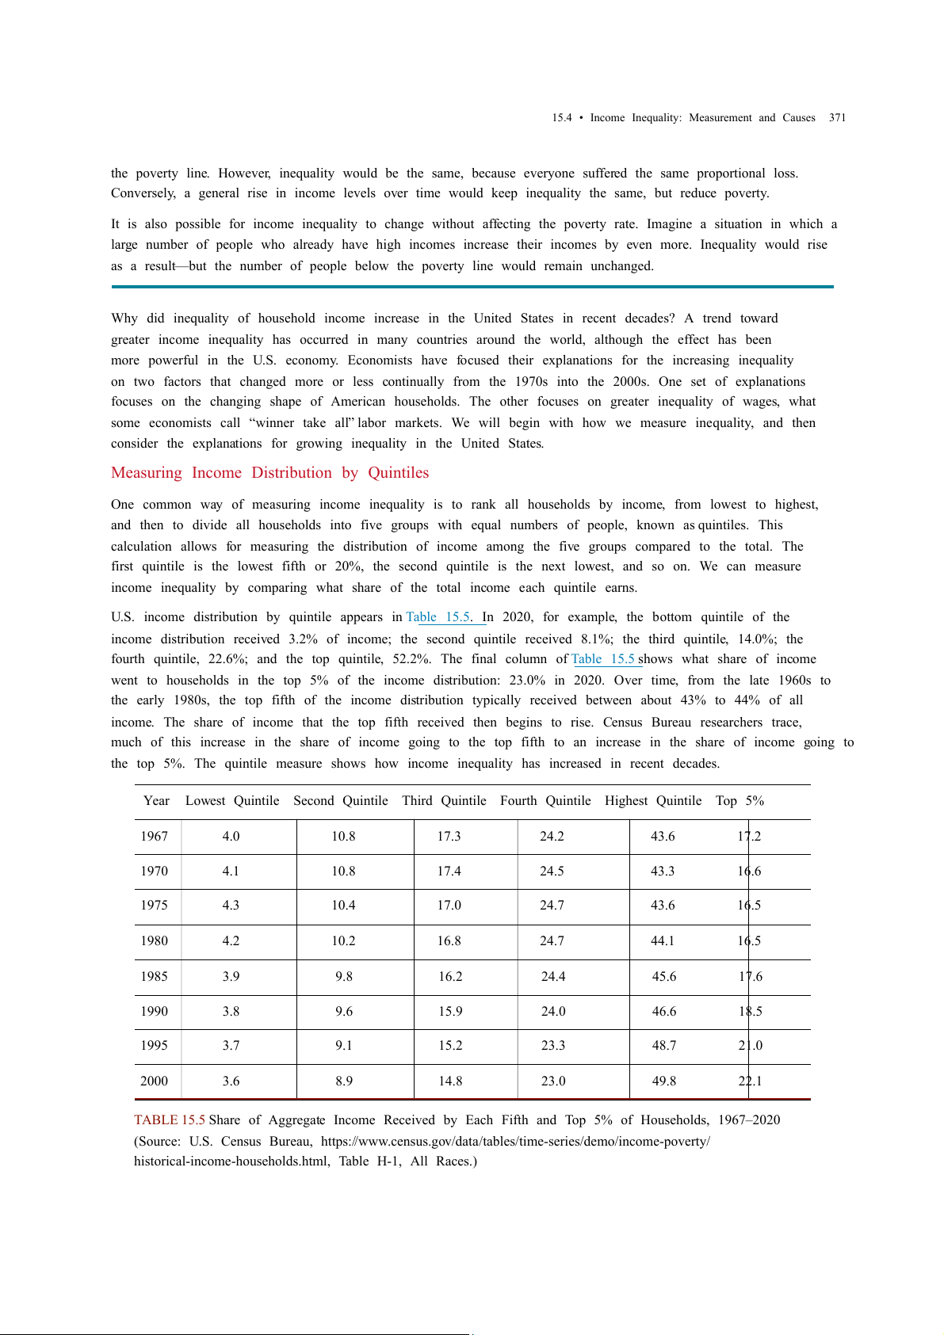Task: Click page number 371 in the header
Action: point(837,118)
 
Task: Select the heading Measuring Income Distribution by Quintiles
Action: point(269,473)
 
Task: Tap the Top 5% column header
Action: point(740,801)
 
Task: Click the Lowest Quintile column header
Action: point(232,801)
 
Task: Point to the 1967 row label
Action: point(155,837)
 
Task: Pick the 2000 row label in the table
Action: point(155,1081)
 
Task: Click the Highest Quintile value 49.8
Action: point(664,1081)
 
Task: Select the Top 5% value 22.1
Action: point(750,1081)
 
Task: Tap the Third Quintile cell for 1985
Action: point(450,977)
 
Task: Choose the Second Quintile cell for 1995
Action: point(344,1046)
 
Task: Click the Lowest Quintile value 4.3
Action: point(231,906)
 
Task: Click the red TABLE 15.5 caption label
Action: point(170,1120)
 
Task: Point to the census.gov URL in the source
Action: point(515,1142)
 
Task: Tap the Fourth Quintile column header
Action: point(545,801)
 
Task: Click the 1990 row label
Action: point(155,1012)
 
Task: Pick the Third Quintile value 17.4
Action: point(449,872)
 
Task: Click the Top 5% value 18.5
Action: point(751,1012)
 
